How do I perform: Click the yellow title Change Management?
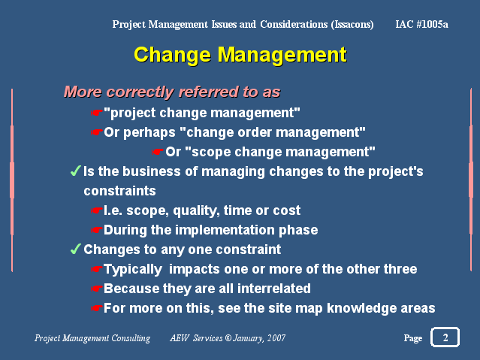coord(240,55)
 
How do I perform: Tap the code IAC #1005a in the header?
coord(421,24)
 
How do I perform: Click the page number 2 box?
coord(445,337)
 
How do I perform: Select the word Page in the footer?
coord(412,338)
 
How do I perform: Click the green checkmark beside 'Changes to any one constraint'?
coord(75,249)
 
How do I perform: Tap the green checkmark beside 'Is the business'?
coord(75,171)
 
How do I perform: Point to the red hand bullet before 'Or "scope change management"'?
coord(157,152)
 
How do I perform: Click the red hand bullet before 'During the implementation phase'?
coord(96,230)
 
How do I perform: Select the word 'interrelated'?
coord(274,289)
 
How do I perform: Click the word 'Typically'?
coord(133,270)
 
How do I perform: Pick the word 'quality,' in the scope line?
coord(196,210)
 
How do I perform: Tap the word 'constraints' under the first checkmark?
coord(119,191)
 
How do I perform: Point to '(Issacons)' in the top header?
coord(352,24)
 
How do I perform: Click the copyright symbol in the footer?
coord(228,338)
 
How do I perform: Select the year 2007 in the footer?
coord(276,338)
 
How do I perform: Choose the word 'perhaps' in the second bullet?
coord(149,133)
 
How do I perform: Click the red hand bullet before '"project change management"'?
coord(96,113)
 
